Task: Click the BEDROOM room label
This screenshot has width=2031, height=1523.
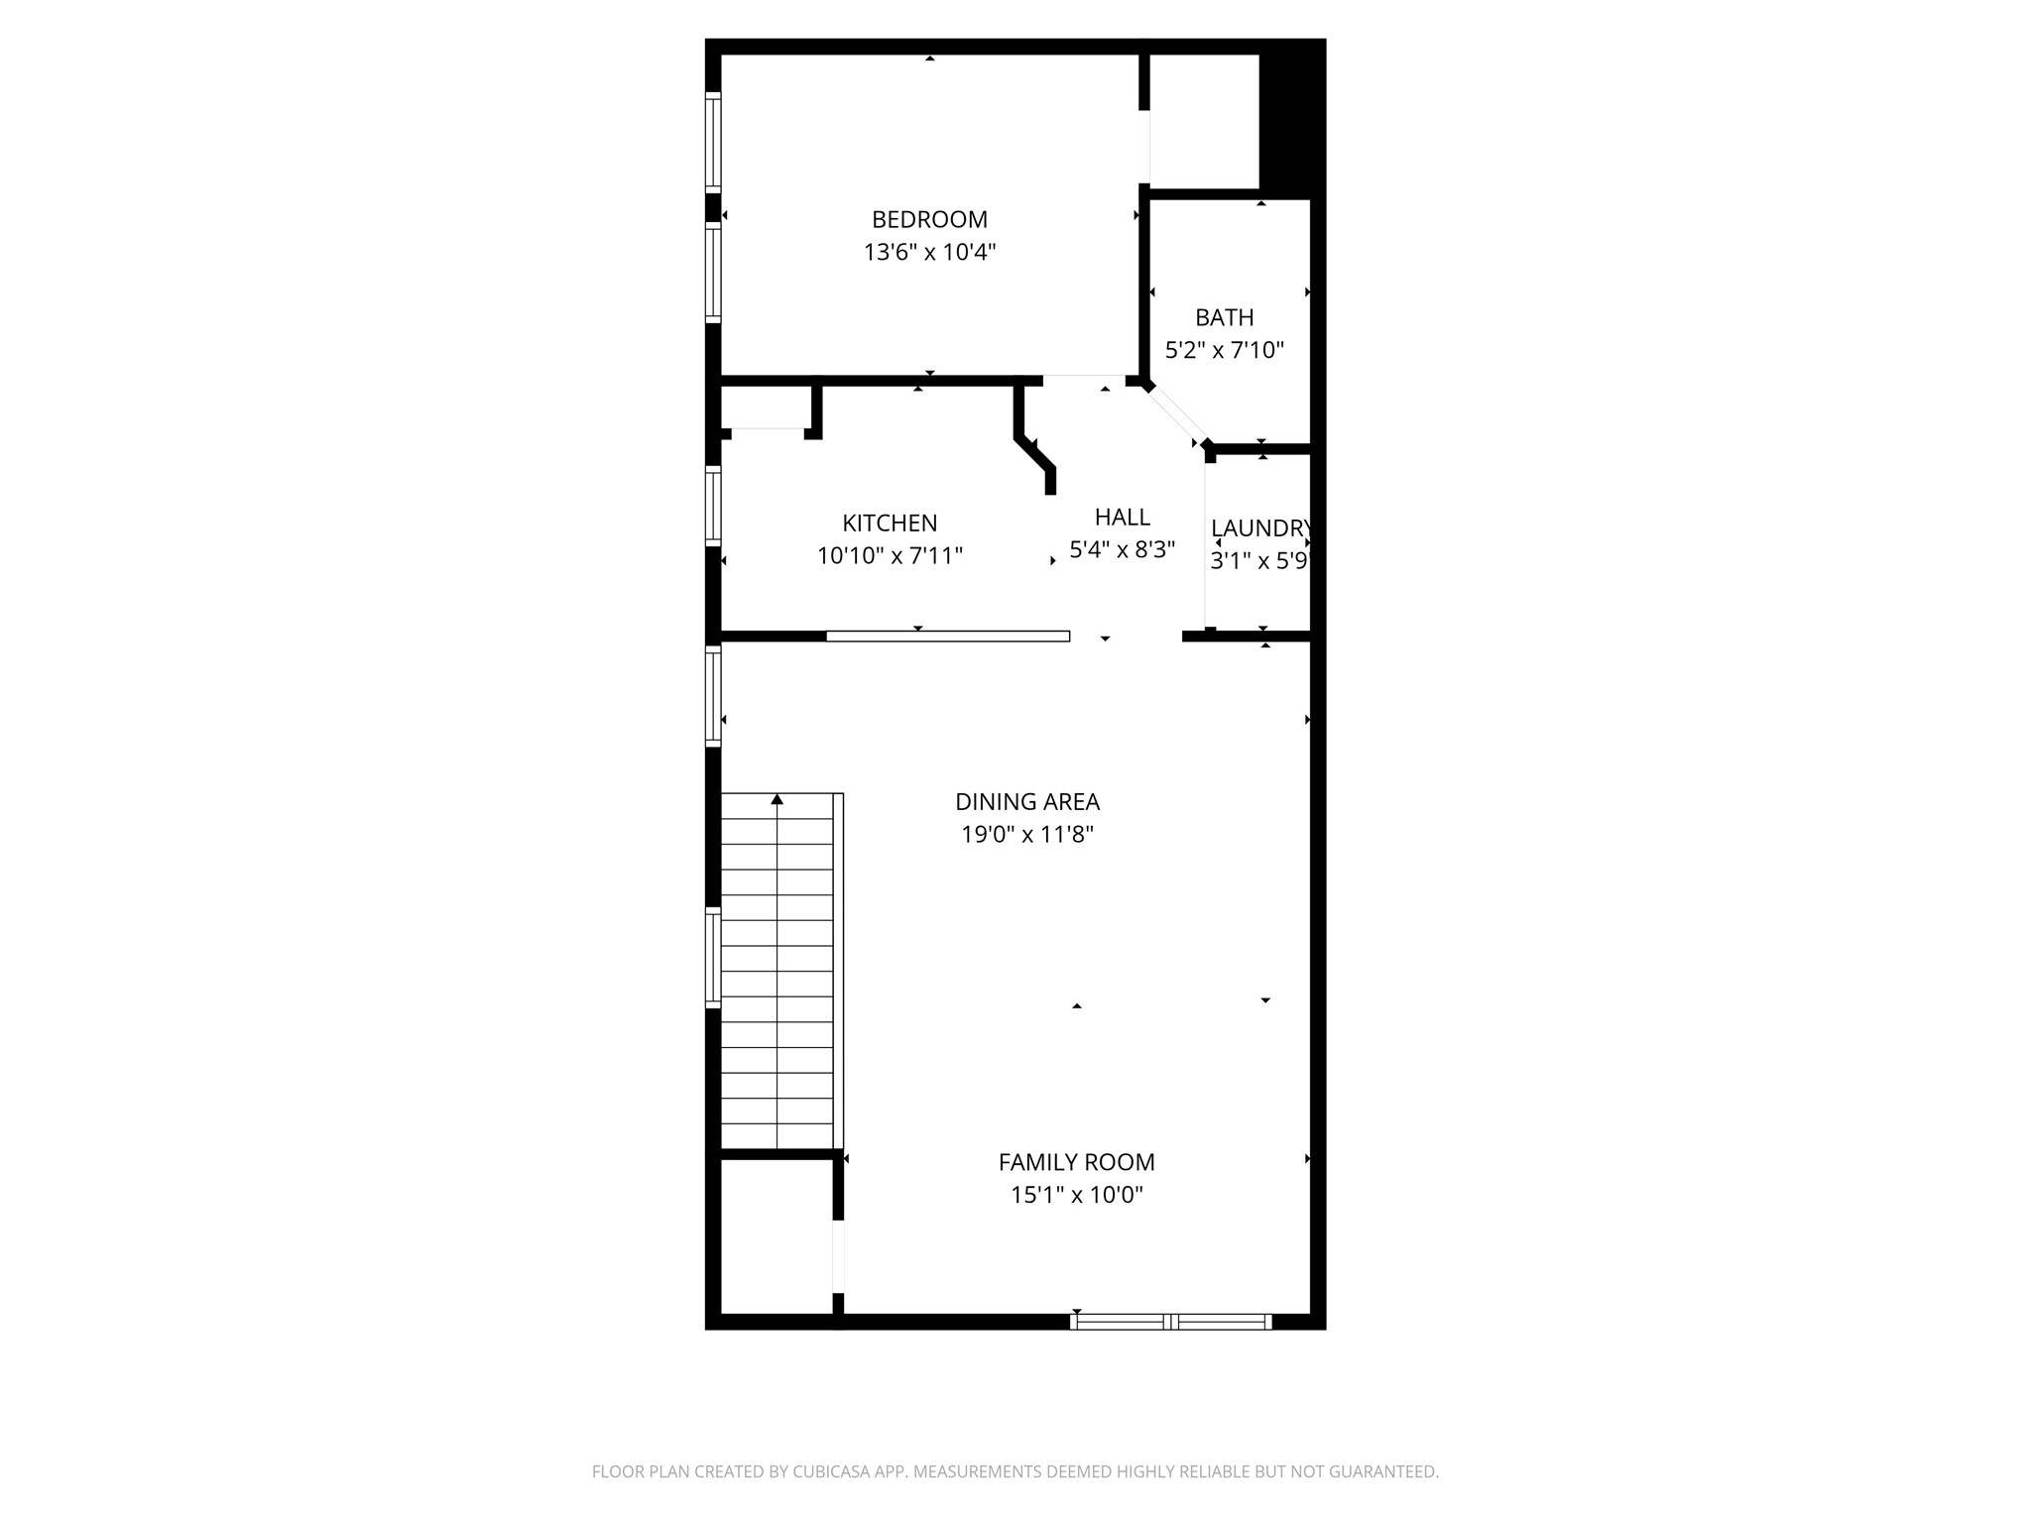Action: tap(929, 219)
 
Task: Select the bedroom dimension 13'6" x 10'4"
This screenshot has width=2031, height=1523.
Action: tap(929, 252)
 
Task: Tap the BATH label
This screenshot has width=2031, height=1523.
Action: tap(1224, 317)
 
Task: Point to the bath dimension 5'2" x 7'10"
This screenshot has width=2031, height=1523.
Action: tap(1224, 350)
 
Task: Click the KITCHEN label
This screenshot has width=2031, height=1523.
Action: tap(890, 523)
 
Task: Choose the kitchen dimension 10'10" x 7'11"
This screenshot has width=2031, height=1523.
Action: tap(890, 555)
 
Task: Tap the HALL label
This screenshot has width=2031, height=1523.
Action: tap(1122, 517)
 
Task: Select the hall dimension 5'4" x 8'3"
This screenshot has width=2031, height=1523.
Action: tap(1122, 549)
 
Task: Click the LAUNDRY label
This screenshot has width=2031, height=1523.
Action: tap(1259, 528)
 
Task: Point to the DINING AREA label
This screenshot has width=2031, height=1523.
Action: tap(1027, 801)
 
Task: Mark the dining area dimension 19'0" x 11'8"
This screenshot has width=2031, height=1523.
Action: tap(1027, 834)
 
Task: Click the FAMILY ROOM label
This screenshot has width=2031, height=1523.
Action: tap(1076, 1162)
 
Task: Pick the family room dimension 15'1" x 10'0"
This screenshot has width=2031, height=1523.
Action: tap(1076, 1195)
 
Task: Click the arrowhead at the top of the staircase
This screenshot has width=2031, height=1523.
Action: tap(777, 799)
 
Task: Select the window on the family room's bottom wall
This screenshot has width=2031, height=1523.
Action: tap(1171, 1321)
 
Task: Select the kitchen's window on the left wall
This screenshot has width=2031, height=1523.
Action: tap(713, 505)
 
